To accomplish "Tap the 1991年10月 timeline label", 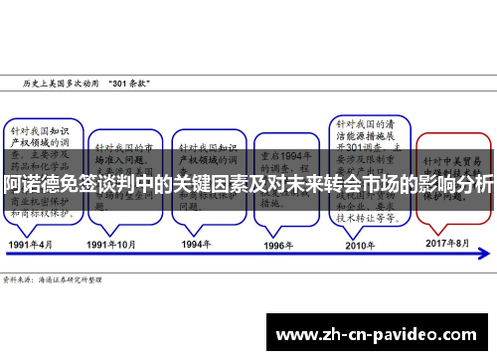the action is pos(111,243).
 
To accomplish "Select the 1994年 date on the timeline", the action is pos(195,243).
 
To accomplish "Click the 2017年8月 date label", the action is pos(447,243).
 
